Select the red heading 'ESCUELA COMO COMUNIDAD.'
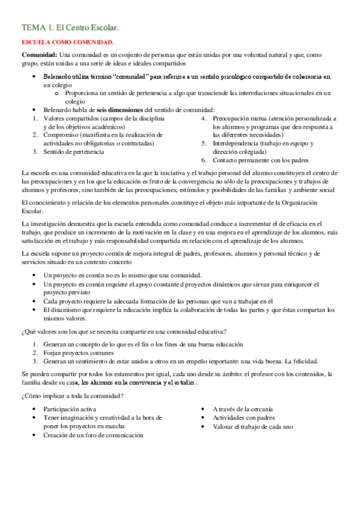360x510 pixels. click(67, 42)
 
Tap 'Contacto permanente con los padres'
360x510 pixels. click(260, 161)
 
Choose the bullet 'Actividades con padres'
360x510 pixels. click(243, 417)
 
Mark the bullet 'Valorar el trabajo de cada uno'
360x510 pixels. click(253, 426)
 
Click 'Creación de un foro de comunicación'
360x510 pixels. click(93, 434)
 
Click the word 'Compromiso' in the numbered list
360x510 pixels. click(62, 135)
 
